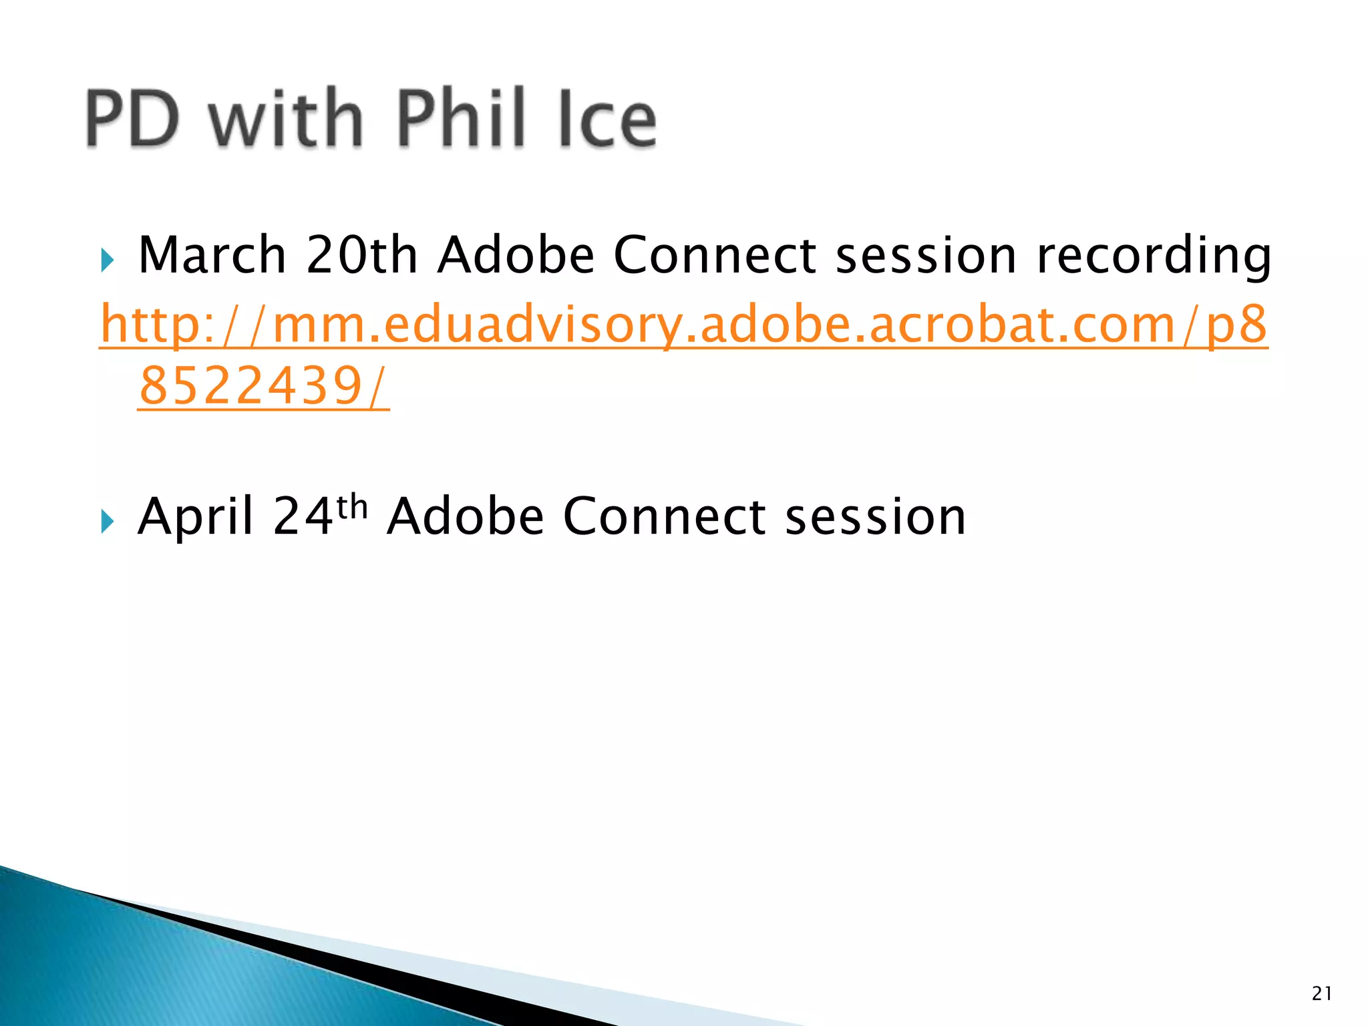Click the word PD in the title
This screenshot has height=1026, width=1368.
pyautogui.click(x=132, y=119)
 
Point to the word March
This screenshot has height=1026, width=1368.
pyautogui.click(x=212, y=255)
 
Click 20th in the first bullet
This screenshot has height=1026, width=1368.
pyautogui.click(x=361, y=255)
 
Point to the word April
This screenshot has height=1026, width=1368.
pyautogui.click(x=195, y=517)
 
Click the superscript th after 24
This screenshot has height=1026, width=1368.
pyautogui.click(x=352, y=507)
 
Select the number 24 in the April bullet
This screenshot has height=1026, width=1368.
pyautogui.click(x=303, y=517)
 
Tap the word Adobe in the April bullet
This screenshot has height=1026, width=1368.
pyautogui.click(x=465, y=517)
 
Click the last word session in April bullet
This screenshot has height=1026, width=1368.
pyautogui.click(x=875, y=517)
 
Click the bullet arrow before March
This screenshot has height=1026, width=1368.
pyautogui.click(x=108, y=260)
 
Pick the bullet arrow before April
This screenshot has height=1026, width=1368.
pyautogui.click(x=108, y=521)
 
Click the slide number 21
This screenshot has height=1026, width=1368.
pyautogui.click(x=1321, y=994)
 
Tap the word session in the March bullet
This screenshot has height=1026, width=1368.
pyautogui.click(x=926, y=255)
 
